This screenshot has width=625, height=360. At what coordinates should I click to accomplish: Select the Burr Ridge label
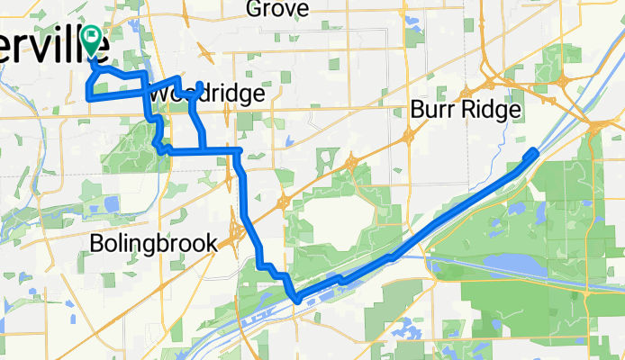(x=466, y=110)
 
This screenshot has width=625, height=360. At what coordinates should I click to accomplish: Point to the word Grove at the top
(x=276, y=10)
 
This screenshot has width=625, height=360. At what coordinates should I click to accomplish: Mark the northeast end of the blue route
(x=535, y=151)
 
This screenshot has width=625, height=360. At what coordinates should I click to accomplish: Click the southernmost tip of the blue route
(x=294, y=300)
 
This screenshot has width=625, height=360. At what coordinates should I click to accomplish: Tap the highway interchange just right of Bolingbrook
(x=236, y=235)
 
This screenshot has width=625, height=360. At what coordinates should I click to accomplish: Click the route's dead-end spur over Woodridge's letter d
(x=199, y=85)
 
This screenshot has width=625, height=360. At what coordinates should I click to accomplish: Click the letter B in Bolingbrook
(x=98, y=243)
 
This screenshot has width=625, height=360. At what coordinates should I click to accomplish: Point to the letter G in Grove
(x=253, y=10)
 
